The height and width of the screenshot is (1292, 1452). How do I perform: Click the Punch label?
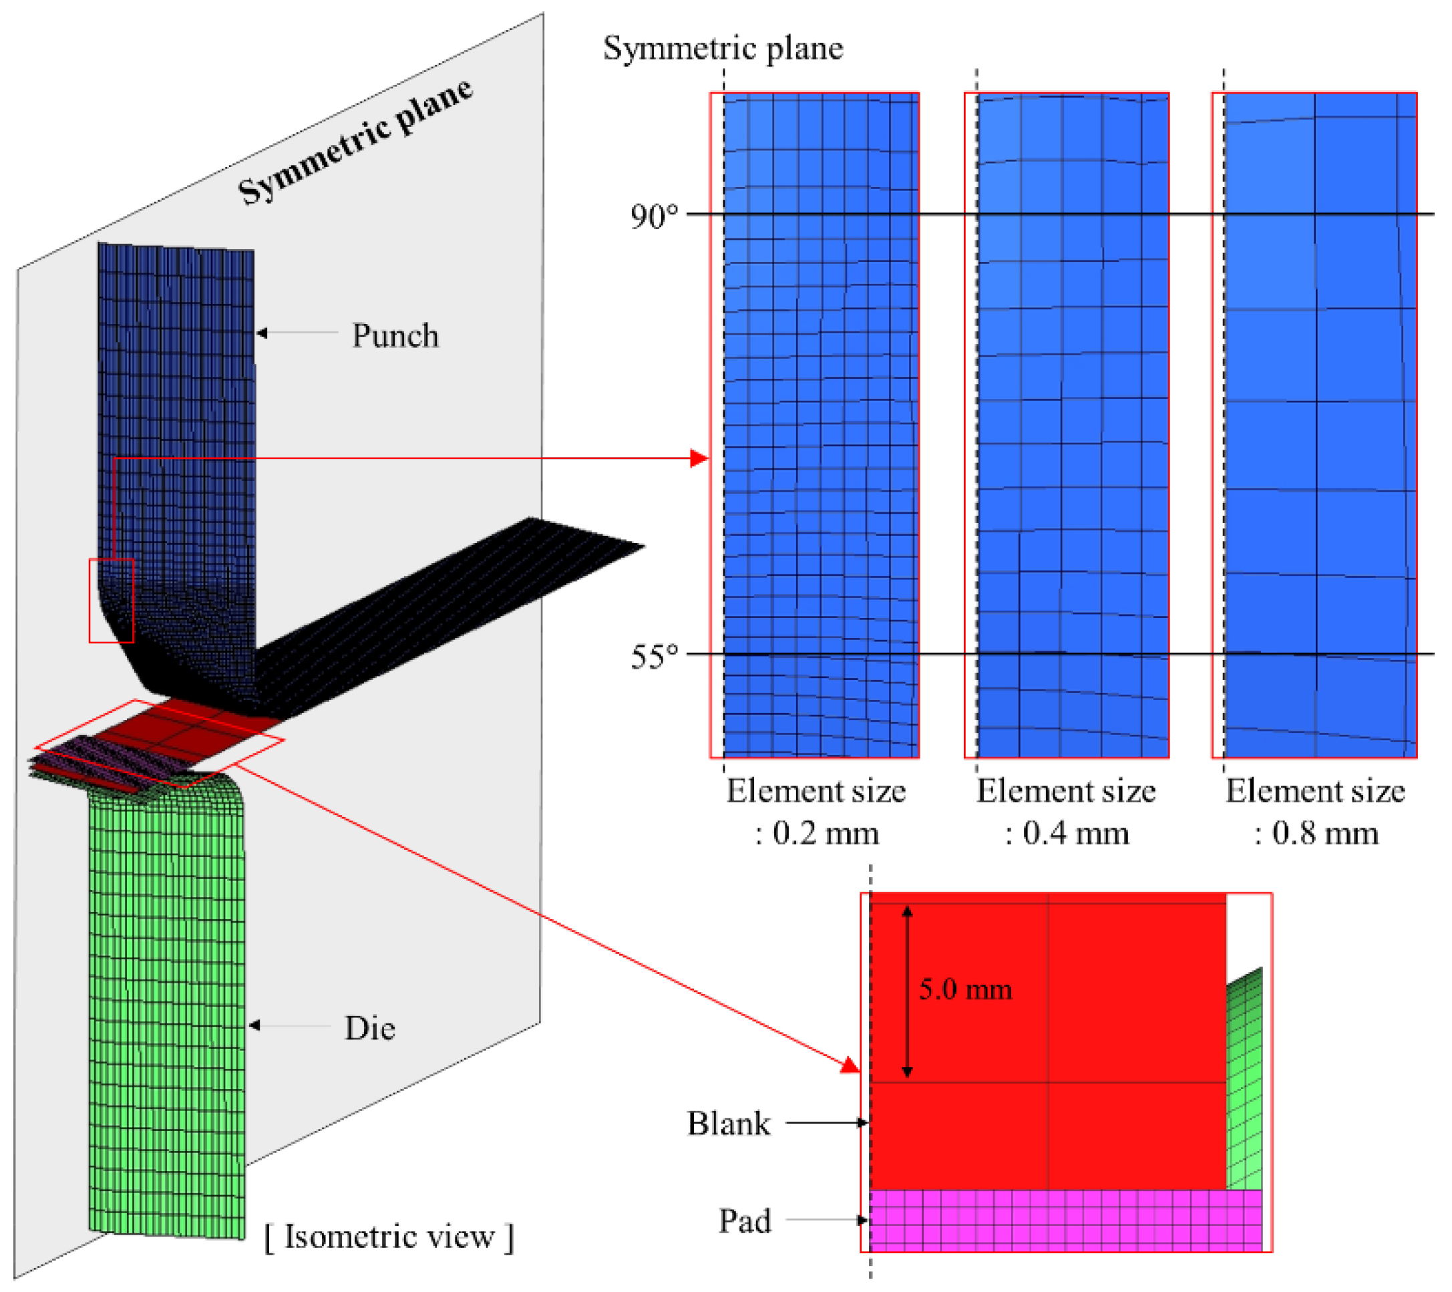point(395,335)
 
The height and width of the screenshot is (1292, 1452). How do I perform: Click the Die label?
point(369,1028)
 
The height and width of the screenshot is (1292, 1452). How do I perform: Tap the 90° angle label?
point(654,216)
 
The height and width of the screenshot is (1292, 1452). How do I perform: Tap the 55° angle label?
point(654,656)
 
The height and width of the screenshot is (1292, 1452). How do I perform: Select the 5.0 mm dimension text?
point(964,989)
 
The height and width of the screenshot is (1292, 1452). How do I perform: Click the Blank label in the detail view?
point(728,1124)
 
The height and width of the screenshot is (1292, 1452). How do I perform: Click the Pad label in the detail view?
point(745,1222)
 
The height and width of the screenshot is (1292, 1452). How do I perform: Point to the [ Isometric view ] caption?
point(389,1237)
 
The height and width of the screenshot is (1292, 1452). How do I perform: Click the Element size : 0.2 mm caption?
point(815,812)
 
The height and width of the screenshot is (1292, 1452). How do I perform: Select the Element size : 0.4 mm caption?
point(1065,812)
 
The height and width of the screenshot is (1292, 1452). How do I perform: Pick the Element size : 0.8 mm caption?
point(1315,812)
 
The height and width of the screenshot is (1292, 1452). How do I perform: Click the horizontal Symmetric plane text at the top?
point(723,48)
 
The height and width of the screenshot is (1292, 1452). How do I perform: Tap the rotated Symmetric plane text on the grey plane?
point(355,141)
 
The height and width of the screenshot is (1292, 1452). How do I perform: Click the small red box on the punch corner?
point(111,601)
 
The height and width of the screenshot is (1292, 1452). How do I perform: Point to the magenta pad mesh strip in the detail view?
point(1065,1222)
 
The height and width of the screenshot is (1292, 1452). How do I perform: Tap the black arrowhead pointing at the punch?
point(261,333)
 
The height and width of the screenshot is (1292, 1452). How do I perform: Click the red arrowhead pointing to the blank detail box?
point(850,1065)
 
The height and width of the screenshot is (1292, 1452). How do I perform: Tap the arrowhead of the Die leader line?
point(254,1025)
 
